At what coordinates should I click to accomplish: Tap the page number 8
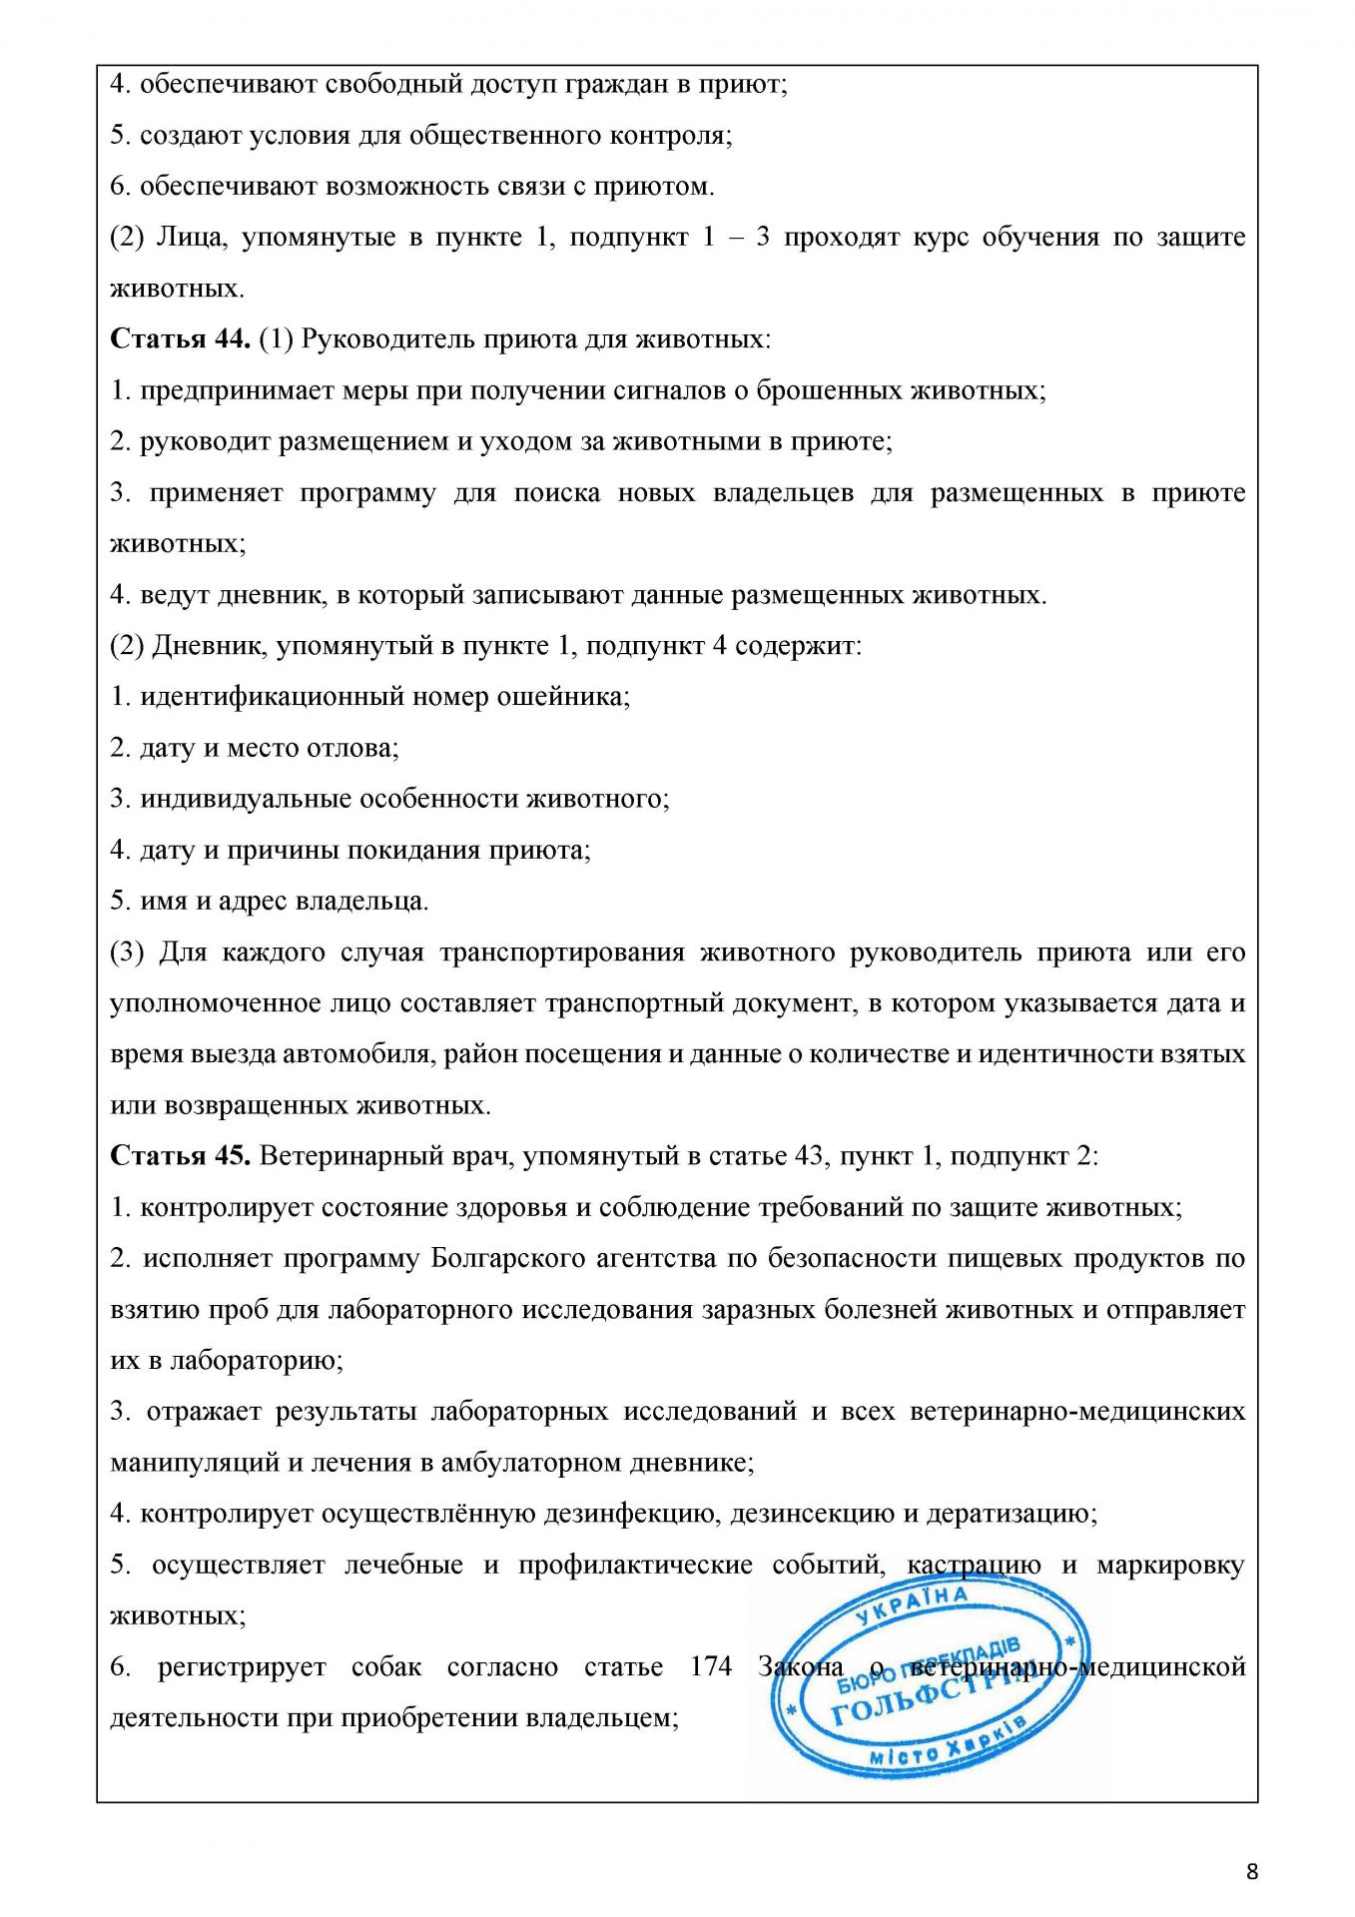pos(1252,1871)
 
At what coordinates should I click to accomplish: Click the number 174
pos(710,1666)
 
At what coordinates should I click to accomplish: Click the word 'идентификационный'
pos(263,697)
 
